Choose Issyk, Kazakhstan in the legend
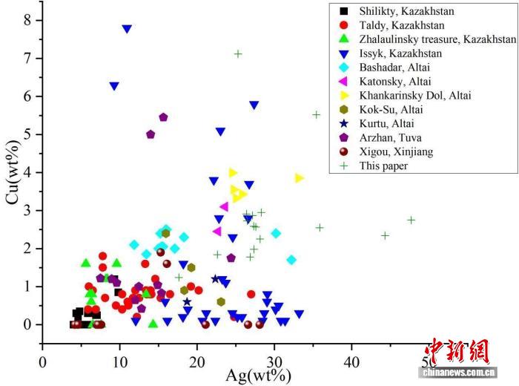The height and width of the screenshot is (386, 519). point(400,53)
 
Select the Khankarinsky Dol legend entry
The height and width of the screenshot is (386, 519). point(415,96)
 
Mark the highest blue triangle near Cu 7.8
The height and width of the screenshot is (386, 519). point(127,29)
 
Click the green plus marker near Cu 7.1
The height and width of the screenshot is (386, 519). point(238,53)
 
